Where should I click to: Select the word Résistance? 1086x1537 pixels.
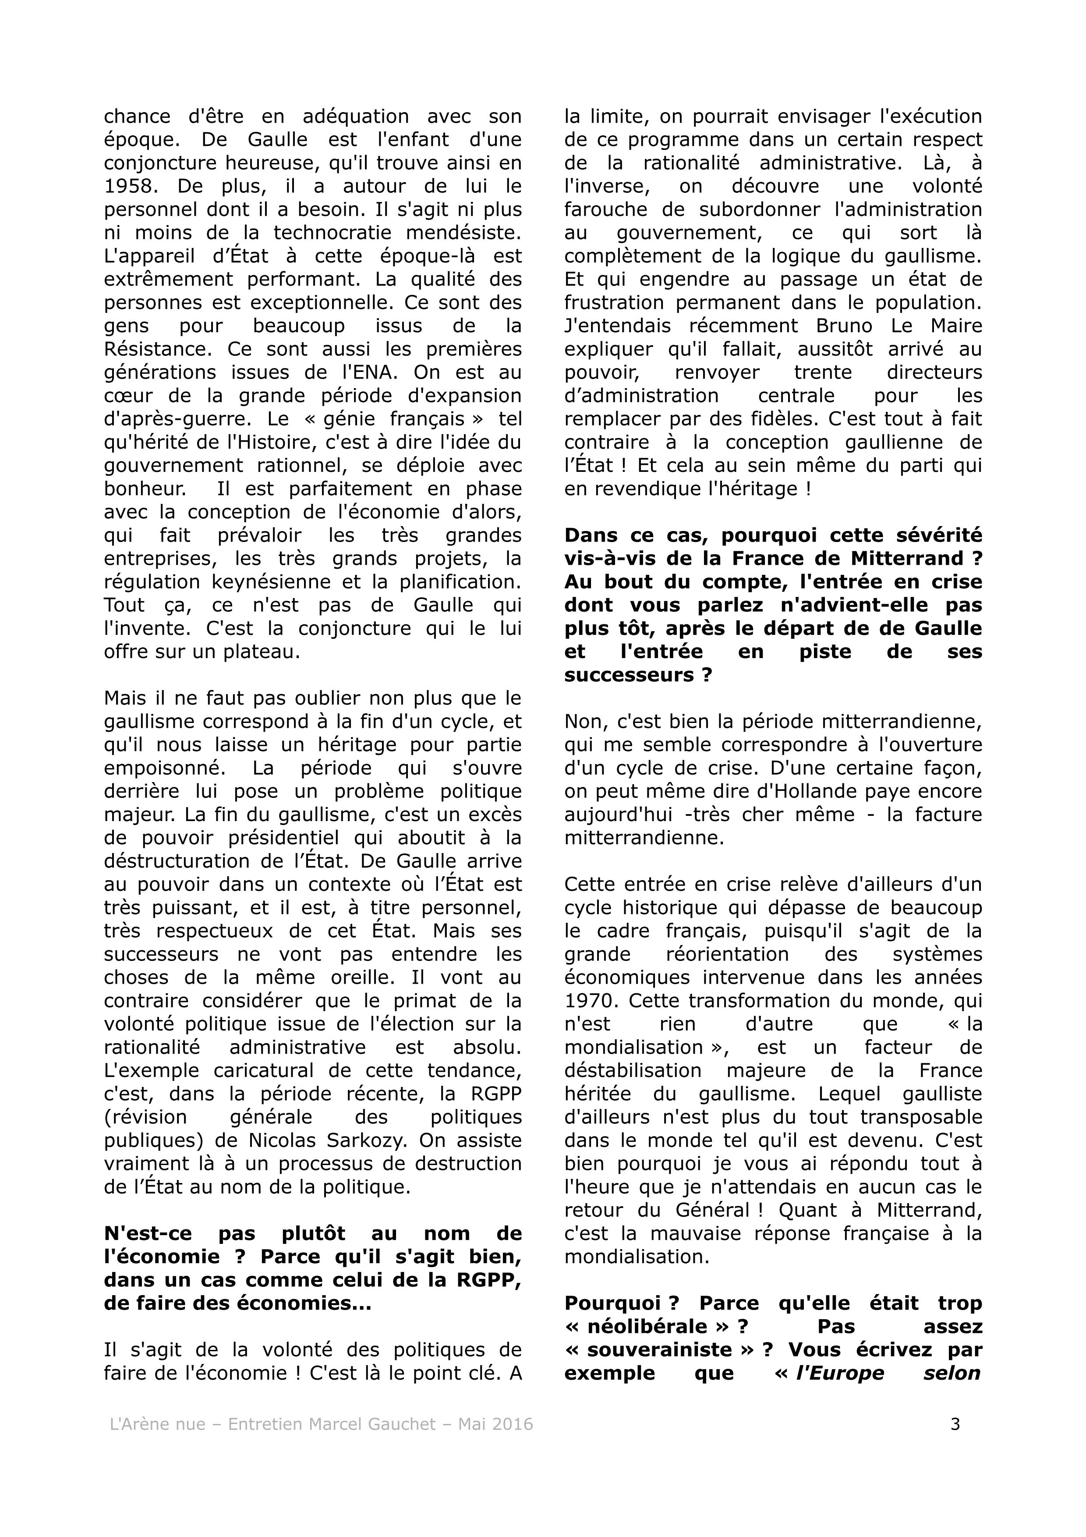tap(159, 350)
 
